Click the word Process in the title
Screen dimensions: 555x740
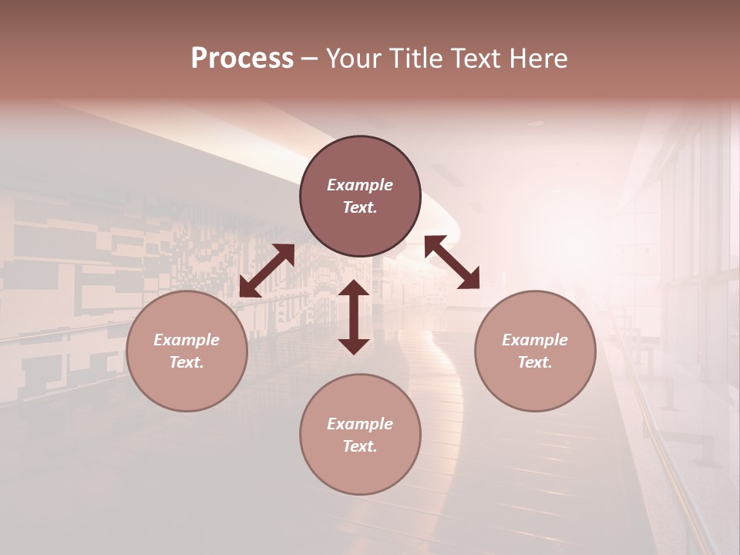click(242, 59)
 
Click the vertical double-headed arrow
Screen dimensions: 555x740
click(354, 317)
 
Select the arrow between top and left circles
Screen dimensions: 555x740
click(267, 271)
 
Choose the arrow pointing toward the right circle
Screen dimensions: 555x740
click(452, 262)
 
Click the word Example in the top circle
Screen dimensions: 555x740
click(360, 185)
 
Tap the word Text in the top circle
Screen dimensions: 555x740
click(360, 207)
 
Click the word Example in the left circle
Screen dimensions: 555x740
click(187, 340)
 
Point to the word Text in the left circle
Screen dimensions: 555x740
click(187, 362)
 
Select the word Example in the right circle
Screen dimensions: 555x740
click(535, 340)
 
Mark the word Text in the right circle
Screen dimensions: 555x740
click(535, 362)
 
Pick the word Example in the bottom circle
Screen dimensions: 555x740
click(360, 424)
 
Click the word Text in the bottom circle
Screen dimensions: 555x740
click(360, 446)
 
